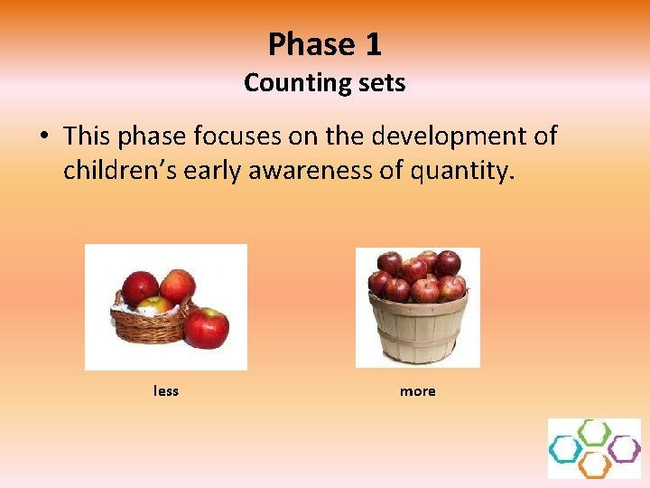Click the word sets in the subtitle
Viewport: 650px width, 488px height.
(382, 83)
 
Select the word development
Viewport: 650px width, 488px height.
(449, 136)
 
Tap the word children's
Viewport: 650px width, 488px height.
(119, 171)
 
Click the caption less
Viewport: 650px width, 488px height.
(166, 391)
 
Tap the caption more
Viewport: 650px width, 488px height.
(417, 391)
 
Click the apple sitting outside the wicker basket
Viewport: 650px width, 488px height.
(207, 328)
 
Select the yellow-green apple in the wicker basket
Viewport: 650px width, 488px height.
(156, 305)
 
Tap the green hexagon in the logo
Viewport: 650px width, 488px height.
(594, 432)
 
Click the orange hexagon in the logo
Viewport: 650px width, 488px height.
(594, 465)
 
